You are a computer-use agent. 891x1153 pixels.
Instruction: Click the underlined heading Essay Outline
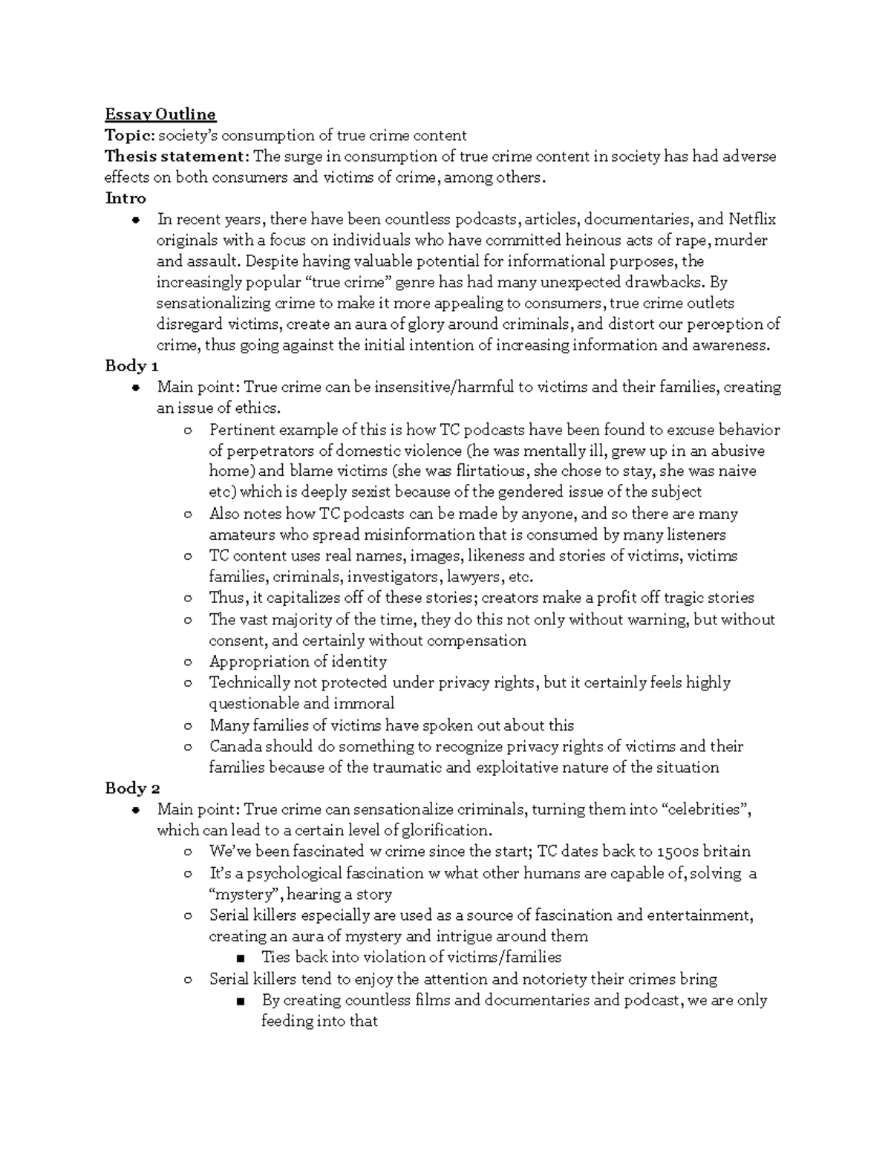160,114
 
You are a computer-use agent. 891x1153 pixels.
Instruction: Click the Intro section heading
125,198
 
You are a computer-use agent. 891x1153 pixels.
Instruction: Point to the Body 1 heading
131,365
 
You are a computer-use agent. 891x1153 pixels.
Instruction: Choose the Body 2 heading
132,788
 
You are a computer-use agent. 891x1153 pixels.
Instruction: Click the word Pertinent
241,430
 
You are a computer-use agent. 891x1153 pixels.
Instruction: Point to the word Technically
249,682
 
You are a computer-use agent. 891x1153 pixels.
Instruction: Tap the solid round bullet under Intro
134,220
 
